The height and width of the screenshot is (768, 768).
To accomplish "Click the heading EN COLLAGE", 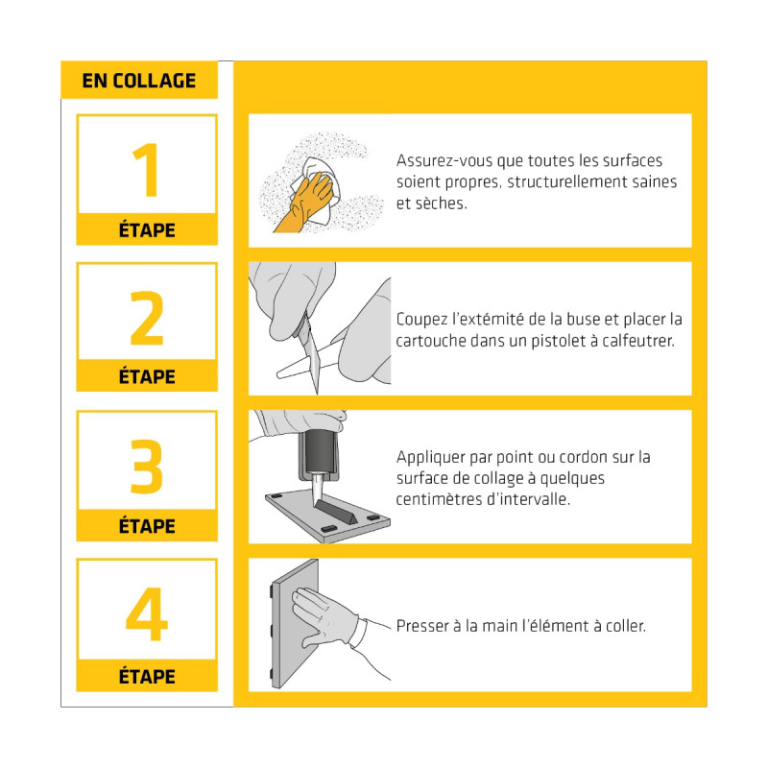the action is click(x=138, y=81).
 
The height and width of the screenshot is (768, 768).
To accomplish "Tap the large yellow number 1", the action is click(x=148, y=170).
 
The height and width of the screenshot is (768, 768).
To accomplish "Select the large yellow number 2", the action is click(x=147, y=318).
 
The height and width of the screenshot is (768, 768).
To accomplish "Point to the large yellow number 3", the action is click(x=147, y=466).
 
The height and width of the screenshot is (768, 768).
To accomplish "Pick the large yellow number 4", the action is click(x=147, y=613).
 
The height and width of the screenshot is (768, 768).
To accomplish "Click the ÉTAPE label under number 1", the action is click(x=147, y=229).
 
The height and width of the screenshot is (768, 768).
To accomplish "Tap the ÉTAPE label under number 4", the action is click(x=147, y=676).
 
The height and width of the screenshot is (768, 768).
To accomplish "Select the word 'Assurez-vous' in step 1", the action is click(x=444, y=160).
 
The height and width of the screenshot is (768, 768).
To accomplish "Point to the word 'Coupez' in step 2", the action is click(x=421, y=320).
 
